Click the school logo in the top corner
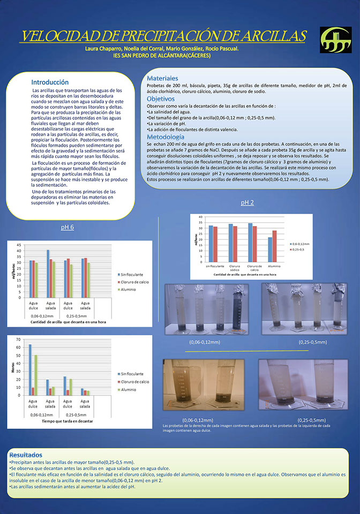(335, 40)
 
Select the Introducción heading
(50, 82)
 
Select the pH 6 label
(67, 228)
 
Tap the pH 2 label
(247, 202)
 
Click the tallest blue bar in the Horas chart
(30, 369)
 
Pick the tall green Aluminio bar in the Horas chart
(36, 375)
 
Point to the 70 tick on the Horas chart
(18, 340)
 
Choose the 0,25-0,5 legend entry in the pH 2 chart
(297, 250)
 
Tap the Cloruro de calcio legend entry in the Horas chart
(133, 382)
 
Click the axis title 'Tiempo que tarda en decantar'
(67, 422)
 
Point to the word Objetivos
(161, 99)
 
